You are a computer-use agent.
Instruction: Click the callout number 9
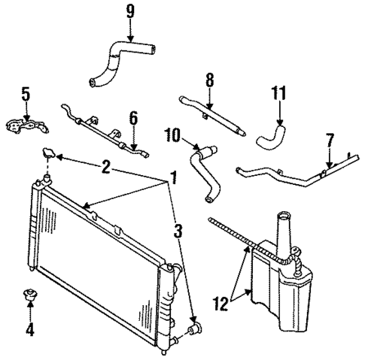(130, 12)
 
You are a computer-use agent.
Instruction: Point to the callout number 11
(279, 95)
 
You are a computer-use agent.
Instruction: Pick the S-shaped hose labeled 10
(204, 172)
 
